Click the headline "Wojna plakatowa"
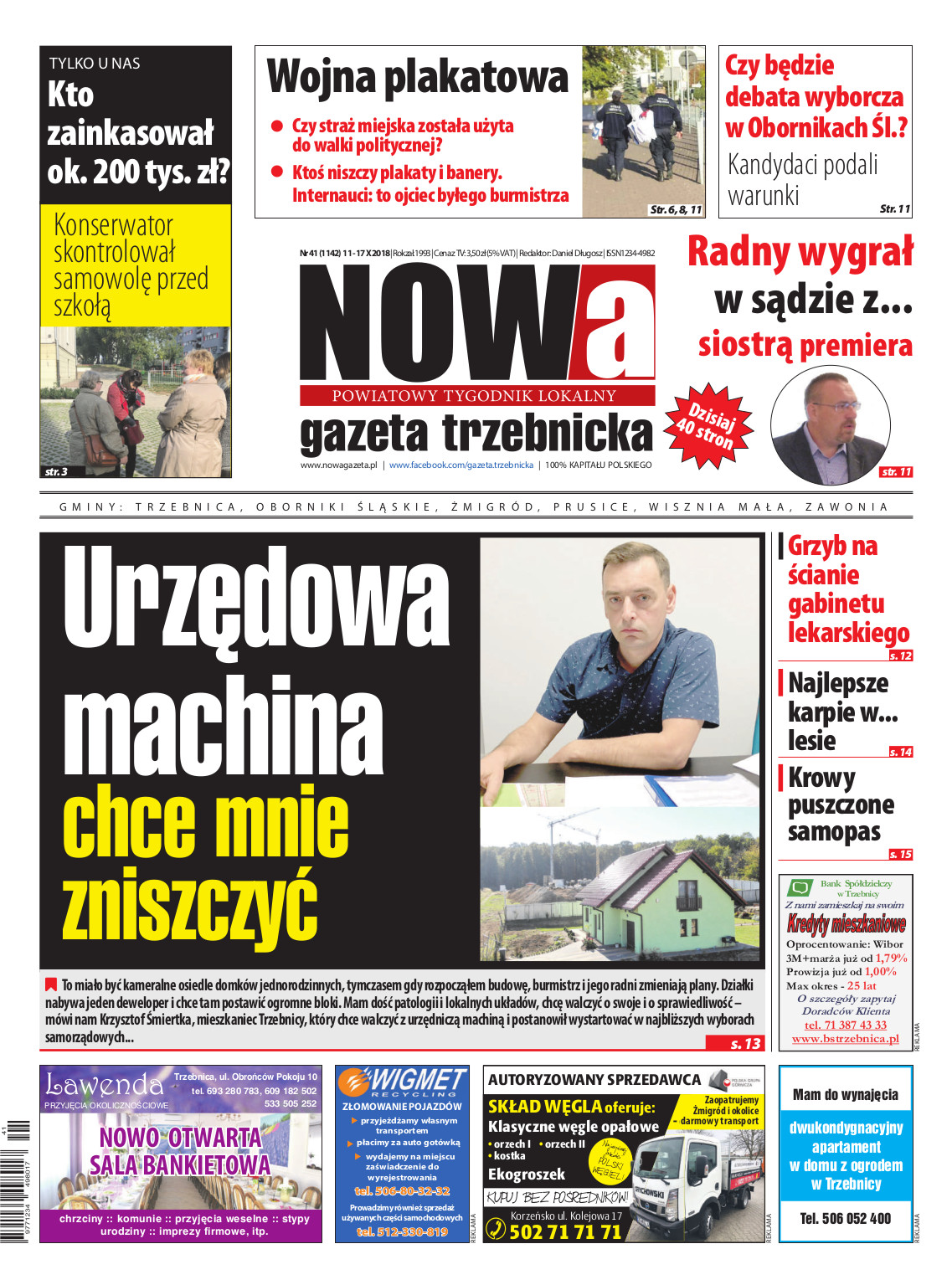click(417, 77)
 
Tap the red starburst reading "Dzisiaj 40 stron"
click(708, 425)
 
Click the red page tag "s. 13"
click(744, 1043)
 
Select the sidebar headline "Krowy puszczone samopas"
click(840, 804)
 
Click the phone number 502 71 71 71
click(565, 1231)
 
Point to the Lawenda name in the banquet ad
click(104, 1086)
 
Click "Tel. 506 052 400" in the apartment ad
click(846, 1219)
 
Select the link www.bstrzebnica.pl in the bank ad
click(845, 1039)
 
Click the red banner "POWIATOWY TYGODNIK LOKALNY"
click(474, 396)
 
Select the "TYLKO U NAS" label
click(95, 64)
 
